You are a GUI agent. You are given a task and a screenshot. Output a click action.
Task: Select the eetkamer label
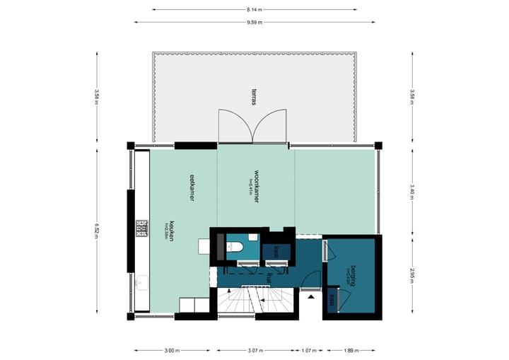click(x=192, y=188)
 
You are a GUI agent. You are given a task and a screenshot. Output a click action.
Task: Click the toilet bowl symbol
click(x=235, y=247)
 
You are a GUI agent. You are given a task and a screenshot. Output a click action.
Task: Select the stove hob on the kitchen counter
click(x=141, y=228)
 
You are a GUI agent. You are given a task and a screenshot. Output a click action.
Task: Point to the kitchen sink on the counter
click(x=140, y=284)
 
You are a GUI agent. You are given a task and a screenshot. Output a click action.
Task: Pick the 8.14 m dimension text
click(x=255, y=10)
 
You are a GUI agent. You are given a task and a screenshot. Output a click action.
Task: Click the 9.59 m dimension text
click(x=255, y=23)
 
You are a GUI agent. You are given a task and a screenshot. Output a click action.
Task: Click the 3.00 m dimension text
click(x=171, y=349)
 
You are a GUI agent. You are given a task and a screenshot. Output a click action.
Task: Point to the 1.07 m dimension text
click(x=308, y=349)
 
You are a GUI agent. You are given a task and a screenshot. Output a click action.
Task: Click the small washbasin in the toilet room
click(x=221, y=247)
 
